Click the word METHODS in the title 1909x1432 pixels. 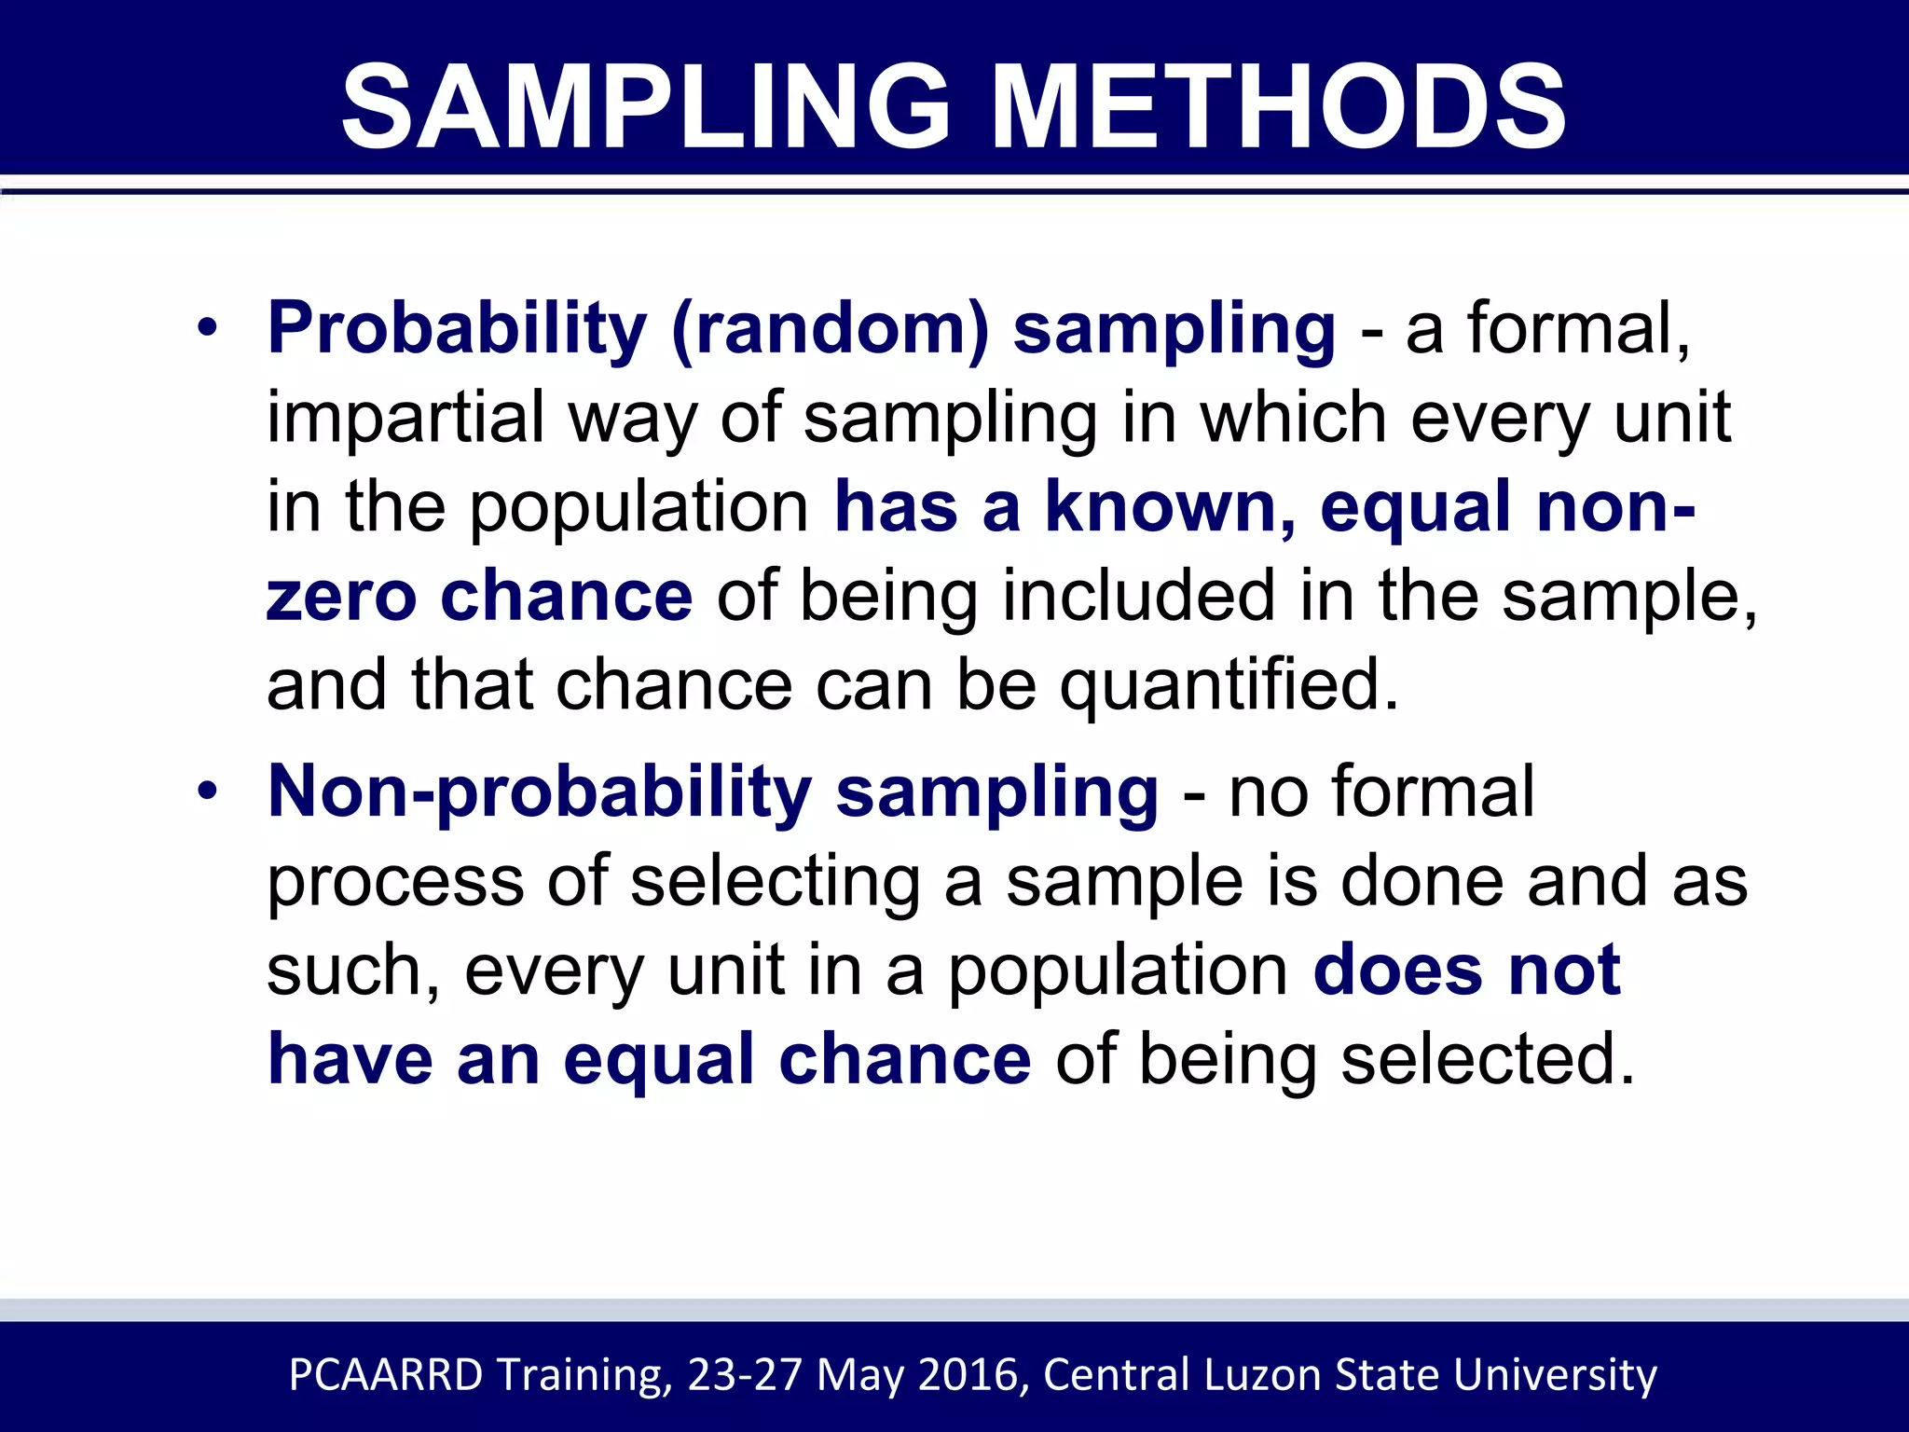click(1278, 106)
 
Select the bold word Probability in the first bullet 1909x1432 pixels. click(457, 328)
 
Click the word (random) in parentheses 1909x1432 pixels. click(830, 328)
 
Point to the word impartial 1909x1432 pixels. click(405, 418)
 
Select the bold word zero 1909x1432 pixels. click(341, 597)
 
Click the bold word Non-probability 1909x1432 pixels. click(540, 792)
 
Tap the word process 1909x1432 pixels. click(395, 881)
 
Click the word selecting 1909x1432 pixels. click(775, 881)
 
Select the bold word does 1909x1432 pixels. click(1397, 971)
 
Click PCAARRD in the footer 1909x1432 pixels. click(386, 1375)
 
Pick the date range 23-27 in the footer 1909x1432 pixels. click(744, 1375)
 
